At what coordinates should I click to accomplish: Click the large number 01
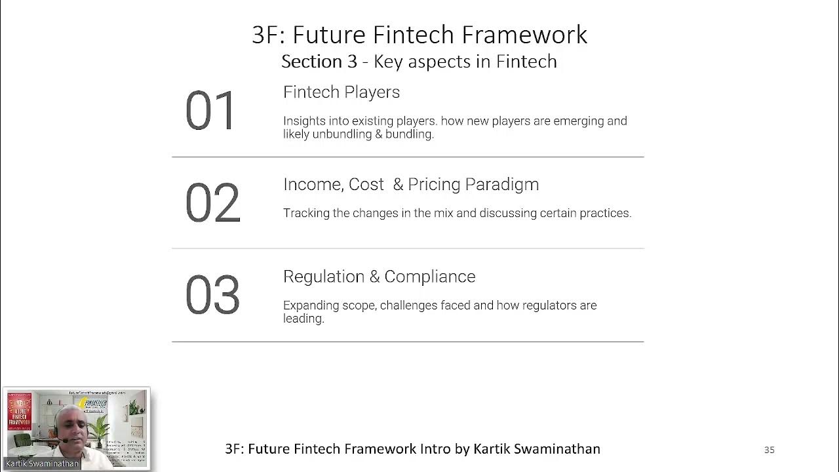point(210,111)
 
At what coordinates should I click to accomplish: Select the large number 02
point(212,203)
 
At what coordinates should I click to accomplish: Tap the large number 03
point(212,296)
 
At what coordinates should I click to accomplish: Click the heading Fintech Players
point(341,92)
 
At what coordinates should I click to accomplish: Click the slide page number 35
point(770,450)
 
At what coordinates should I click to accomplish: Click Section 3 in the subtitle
point(319,62)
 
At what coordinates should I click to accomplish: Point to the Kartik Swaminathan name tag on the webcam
point(42,463)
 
